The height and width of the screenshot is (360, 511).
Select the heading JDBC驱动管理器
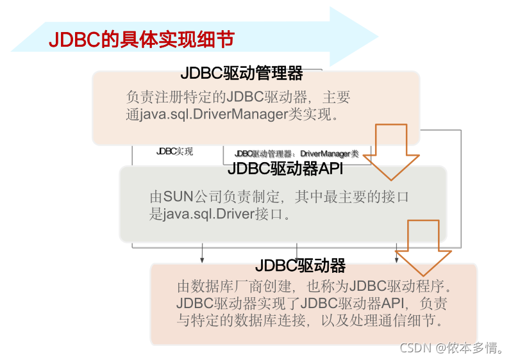[242, 74]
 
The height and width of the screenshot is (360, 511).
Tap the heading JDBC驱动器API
[285, 169]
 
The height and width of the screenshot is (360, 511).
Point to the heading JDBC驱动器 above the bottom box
[301, 265]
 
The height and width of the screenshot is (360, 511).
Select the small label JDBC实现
[174, 152]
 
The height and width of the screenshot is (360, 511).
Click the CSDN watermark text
[414, 348]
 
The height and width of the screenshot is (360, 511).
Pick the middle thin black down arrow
[296, 254]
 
